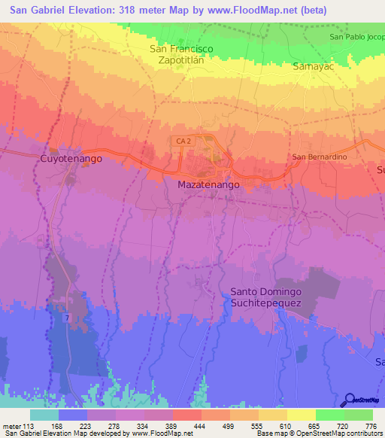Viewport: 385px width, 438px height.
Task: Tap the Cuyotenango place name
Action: pyautogui.click(x=70, y=160)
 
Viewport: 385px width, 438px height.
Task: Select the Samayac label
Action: pyautogui.click(x=313, y=67)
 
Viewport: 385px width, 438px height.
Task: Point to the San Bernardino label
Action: pyautogui.click(x=318, y=157)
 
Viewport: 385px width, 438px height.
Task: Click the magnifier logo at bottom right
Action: pyautogui.click(x=350, y=400)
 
